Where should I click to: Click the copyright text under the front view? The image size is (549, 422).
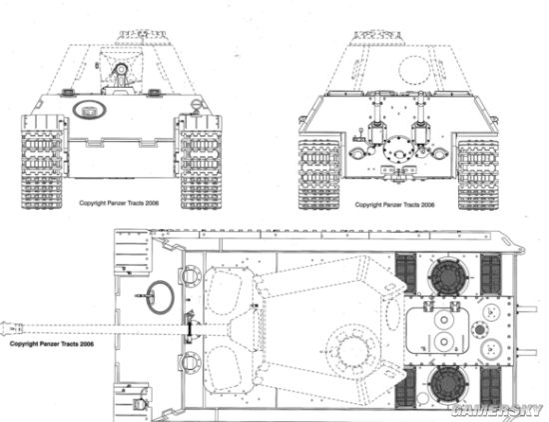119,203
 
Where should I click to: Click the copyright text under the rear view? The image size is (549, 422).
394,205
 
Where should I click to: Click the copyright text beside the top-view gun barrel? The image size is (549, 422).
52,344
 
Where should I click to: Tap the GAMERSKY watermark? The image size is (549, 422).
497,411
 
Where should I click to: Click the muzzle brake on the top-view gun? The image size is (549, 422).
12,329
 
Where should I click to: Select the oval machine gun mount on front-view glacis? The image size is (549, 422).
90,109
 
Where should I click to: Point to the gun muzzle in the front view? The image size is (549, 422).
121,70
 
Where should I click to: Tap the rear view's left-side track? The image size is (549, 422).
319,175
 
